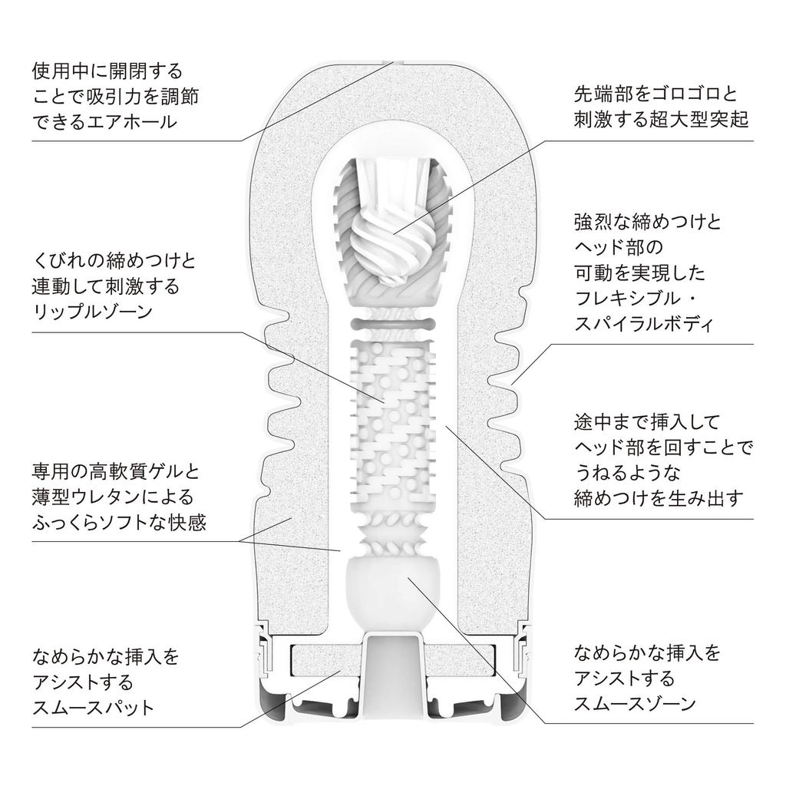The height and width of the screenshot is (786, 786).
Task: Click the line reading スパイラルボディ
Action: (644, 323)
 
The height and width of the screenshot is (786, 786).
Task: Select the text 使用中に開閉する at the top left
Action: (107, 71)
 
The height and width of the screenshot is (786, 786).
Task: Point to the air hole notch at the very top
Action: (393, 63)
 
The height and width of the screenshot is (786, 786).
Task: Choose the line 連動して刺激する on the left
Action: (105, 286)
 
